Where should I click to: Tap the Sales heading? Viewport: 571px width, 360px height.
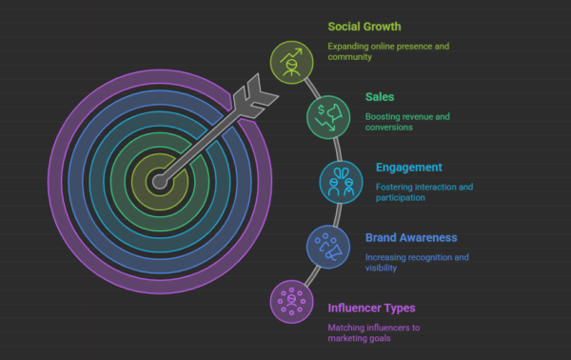click(382, 96)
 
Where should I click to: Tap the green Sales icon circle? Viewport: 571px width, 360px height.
click(326, 117)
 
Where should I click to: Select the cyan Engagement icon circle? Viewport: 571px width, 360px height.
click(339, 181)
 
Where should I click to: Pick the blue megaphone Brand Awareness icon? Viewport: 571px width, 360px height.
click(326, 245)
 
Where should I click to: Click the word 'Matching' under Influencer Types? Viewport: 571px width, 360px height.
click(346, 328)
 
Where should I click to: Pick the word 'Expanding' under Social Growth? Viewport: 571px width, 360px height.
click(350, 46)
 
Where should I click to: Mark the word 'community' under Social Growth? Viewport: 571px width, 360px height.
click(352, 57)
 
